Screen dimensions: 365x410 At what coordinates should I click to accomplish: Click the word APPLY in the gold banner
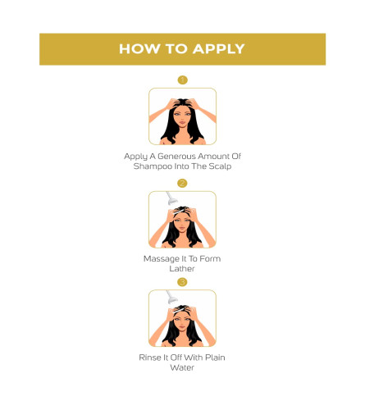pyautogui.click(x=218, y=49)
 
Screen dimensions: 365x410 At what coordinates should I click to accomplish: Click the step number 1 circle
pyautogui.click(x=182, y=80)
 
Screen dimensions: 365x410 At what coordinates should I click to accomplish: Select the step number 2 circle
pyautogui.click(x=182, y=183)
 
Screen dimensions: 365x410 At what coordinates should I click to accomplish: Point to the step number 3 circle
pyautogui.click(x=182, y=282)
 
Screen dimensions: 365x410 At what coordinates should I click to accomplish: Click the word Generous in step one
pyautogui.click(x=176, y=156)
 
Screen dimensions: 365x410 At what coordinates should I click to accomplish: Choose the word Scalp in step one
pyautogui.click(x=220, y=166)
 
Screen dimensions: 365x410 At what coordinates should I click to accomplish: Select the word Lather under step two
pyautogui.click(x=182, y=269)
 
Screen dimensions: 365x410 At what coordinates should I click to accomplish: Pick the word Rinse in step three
pyautogui.click(x=150, y=358)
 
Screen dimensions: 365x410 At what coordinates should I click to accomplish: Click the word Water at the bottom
pyautogui.click(x=182, y=367)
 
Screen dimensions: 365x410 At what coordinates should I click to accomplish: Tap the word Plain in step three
pyautogui.click(x=215, y=358)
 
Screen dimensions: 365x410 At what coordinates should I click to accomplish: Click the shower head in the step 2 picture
pyautogui.click(x=171, y=198)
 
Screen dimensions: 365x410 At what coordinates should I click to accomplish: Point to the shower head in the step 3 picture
pyautogui.click(x=171, y=297)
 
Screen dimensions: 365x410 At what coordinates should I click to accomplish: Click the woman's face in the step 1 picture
pyautogui.click(x=182, y=117)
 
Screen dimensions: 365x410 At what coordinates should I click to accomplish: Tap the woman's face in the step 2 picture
pyautogui.click(x=182, y=221)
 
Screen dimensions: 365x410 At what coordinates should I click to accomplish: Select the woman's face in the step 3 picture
pyautogui.click(x=182, y=321)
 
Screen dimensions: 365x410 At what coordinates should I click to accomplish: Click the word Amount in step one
pyautogui.click(x=213, y=156)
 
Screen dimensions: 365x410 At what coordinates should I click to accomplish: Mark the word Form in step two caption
pyautogui.click(x=210, y=259)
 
